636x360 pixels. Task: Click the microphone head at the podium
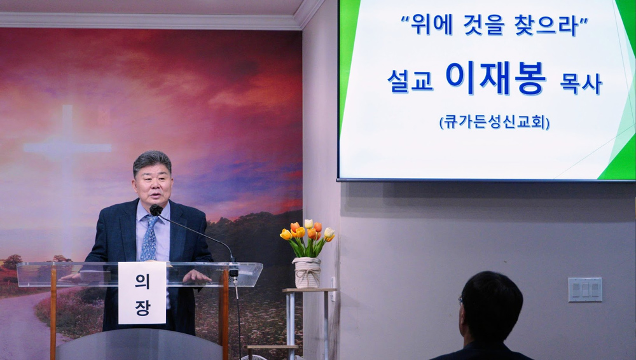tap(156, 210)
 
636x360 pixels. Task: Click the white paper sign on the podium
tap(142, 293)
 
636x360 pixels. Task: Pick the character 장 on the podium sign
tap(142, 308)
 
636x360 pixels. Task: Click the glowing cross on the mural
tap(67, 146)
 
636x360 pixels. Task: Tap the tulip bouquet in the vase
tap(308, 238)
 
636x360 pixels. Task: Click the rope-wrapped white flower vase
tap(307, 272)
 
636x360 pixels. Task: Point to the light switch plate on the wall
tap(585, 289)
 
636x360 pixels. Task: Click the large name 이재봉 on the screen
tap(496, 78)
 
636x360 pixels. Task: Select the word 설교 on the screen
tap(410, 81)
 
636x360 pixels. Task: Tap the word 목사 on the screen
tap(581, 84)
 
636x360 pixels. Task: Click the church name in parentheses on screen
tap(494, 122)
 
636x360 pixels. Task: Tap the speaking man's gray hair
tap(152, 162)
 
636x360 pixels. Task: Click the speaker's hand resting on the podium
tap(197, 277)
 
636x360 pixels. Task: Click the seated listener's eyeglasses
tap(460, 301)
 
